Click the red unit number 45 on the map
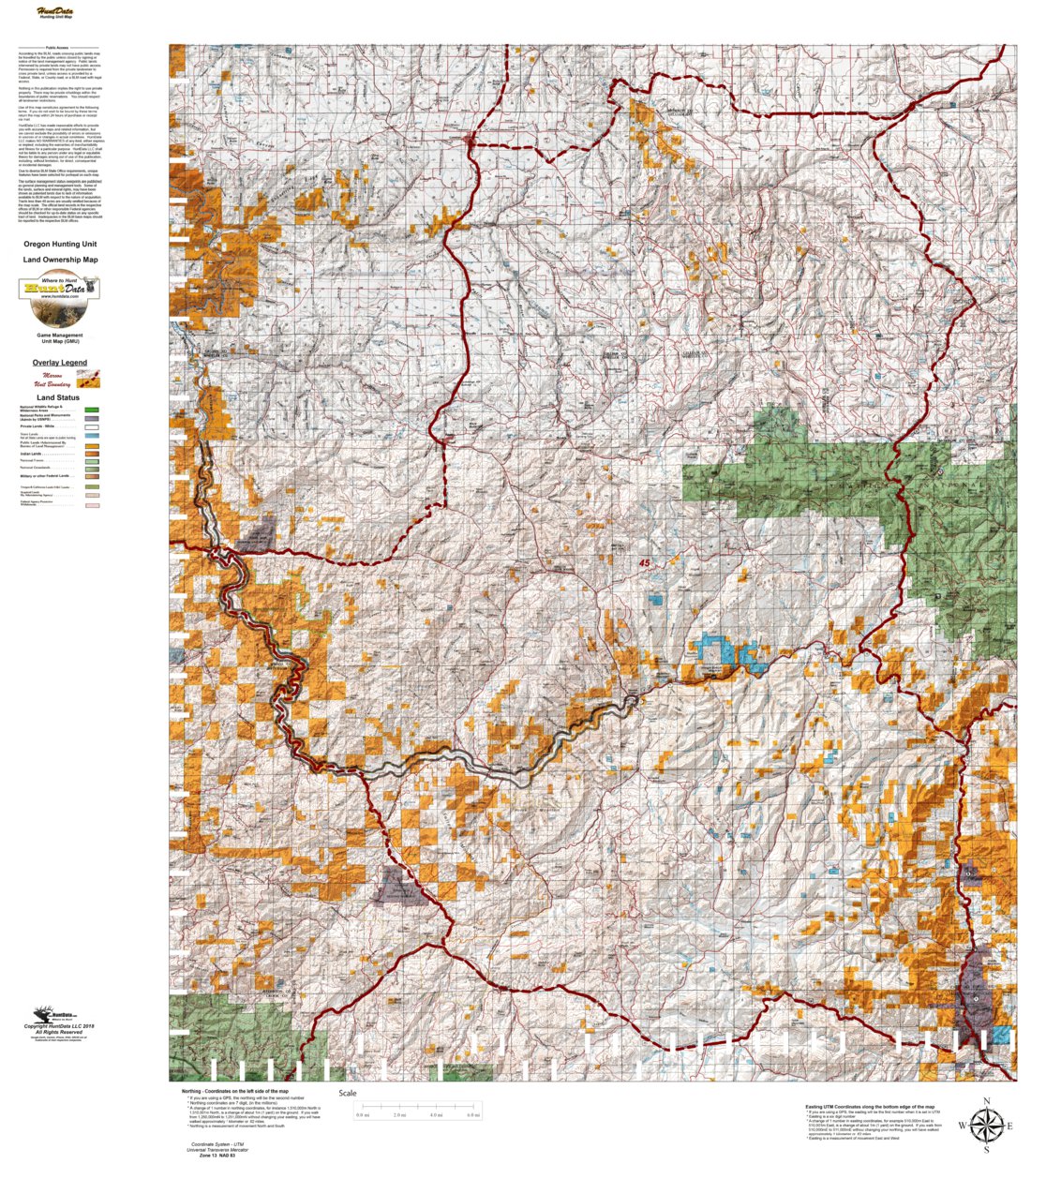click(x=644, y=563)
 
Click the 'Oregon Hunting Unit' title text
click(x=60, y=244)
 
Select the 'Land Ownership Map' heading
click(x=60, y=260)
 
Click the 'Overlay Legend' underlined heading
click(x=60, y=363)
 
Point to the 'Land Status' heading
click(x=58, y=397)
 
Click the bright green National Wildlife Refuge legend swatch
click(x=92, y=410)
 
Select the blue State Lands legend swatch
click(x=92, y=436)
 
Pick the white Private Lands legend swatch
click(x=92, y=426)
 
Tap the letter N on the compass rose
click(x=986, y=1102)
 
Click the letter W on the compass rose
click(x=962, y=1126)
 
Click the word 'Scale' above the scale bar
click(x=348, y=1094)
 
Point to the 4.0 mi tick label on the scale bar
click(x=436, y=1115)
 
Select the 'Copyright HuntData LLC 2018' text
click(x=60, y=1026)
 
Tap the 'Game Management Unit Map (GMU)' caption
click(x=60, y=337)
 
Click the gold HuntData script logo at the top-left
click(x=57, y=13)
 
